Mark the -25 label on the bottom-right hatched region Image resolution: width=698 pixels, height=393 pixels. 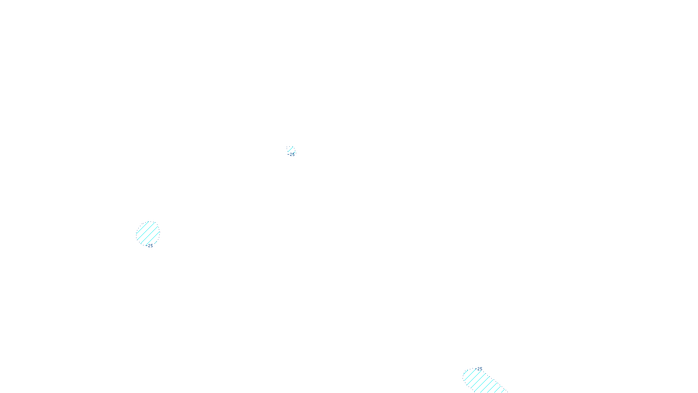479,369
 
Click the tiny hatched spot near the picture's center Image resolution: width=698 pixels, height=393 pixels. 291,150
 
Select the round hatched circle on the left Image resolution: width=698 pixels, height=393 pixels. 148,233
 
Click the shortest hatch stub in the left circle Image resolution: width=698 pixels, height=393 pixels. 156,242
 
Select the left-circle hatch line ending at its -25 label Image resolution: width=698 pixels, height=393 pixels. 152,239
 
